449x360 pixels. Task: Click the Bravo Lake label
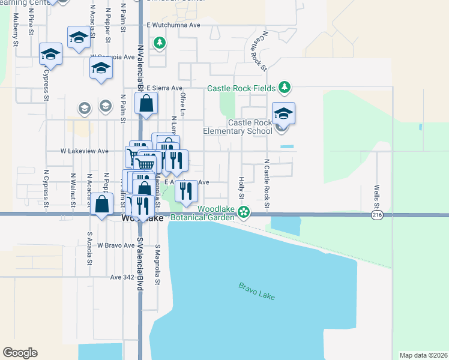[256, 292]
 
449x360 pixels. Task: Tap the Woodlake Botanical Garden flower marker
[243, 211]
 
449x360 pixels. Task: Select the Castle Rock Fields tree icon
[285, 88]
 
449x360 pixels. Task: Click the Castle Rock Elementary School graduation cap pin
[283, 113]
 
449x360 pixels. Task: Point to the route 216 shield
[377, 215]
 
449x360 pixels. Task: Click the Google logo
[20, 353]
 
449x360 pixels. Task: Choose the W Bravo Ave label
[114, 245]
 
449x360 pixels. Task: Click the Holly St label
[241, 188]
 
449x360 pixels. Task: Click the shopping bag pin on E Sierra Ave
[146, 104]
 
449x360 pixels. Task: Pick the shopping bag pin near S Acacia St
[103, 203]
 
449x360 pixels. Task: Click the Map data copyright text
[423, 355]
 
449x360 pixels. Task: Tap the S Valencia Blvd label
[140, 264]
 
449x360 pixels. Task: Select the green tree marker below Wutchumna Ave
[159, 43]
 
